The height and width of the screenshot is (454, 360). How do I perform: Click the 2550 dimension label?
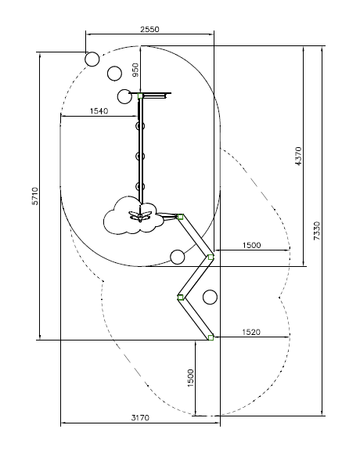[149, 29]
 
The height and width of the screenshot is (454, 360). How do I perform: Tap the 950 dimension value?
[135, 70]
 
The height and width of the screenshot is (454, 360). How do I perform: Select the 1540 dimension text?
[99, 111]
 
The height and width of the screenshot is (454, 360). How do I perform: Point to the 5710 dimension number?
[34, 196]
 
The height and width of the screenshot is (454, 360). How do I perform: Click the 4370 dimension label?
[298, 156]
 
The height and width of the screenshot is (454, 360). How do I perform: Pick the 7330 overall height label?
[317, 230]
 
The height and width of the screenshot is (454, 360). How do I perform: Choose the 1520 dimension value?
[251, 332]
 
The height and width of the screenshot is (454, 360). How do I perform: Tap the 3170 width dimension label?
[140, 418]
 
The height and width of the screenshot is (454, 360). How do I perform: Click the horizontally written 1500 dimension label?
[251, 245]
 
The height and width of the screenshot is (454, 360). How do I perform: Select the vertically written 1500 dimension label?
[190, 378]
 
